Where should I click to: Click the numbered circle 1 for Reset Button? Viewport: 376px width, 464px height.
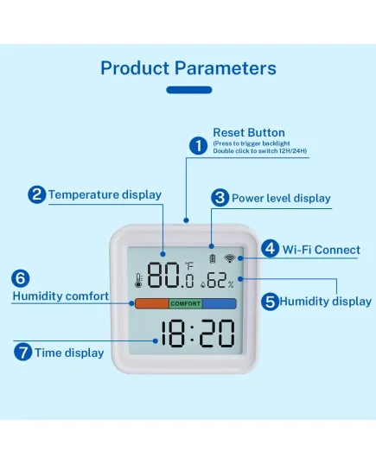(198, 145)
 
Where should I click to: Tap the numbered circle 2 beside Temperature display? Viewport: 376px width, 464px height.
(36, 194)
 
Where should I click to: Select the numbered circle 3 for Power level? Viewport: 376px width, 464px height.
(220, 198)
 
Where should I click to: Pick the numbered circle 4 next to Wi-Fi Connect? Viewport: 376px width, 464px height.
(270, 249)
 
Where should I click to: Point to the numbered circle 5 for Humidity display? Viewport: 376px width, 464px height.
(270, 302)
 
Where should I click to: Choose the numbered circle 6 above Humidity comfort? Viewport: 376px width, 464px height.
(21, 278)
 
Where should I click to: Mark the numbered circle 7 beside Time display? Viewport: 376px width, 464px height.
(22, 352)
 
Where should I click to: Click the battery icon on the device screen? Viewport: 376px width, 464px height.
(213, 259)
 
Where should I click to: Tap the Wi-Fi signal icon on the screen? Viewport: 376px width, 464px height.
(230, 258)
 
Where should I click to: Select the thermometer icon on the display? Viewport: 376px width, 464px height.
(138, 281)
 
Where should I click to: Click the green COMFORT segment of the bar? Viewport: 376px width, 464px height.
(186, 303)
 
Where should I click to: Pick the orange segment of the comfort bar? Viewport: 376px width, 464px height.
(152, 303)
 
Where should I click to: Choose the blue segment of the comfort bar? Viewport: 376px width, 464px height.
(220, 303)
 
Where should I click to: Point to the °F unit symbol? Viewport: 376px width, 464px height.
(189, 266)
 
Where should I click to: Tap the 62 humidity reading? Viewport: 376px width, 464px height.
(217, 280)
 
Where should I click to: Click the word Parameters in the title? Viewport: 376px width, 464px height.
(226, 68)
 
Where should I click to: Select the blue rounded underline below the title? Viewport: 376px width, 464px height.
(189, 90)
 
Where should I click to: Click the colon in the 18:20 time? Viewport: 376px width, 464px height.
(192, 334)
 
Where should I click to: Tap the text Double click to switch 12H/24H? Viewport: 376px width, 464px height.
(260, 151)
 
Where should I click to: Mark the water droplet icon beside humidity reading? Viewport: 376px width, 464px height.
(203, 284)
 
